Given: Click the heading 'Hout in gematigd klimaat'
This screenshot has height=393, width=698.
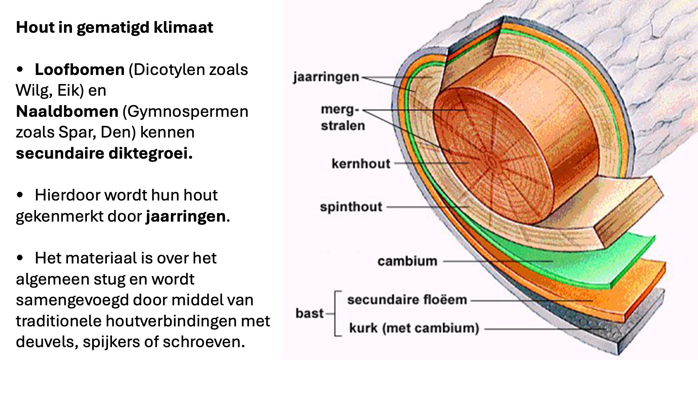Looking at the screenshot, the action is [x=114, y=28].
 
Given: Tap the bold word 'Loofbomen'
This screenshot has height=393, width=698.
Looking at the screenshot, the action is [x=80, y=70].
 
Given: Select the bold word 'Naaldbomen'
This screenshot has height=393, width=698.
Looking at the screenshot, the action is [x=67, y=111].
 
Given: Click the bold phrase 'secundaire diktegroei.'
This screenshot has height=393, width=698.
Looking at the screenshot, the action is [x=104, y=153].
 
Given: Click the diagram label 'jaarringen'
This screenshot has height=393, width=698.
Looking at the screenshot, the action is [x=326, y=77].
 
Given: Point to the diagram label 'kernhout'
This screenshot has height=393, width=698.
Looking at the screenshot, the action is [x=361, y=164].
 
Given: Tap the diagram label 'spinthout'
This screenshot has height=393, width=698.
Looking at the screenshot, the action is [x=351, y=207].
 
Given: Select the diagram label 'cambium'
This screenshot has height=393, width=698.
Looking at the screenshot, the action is [x=407, y=261].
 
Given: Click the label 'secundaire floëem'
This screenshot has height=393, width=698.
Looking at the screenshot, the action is [x=407, y=300].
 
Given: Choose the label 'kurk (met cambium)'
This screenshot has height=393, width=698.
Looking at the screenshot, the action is [x=414, y=328].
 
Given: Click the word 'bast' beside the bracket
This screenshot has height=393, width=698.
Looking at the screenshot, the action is [x=309, y=313].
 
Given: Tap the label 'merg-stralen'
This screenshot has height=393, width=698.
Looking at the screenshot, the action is [x=342, y=118].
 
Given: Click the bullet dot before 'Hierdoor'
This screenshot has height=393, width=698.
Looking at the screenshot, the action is [x=20, y=195].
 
